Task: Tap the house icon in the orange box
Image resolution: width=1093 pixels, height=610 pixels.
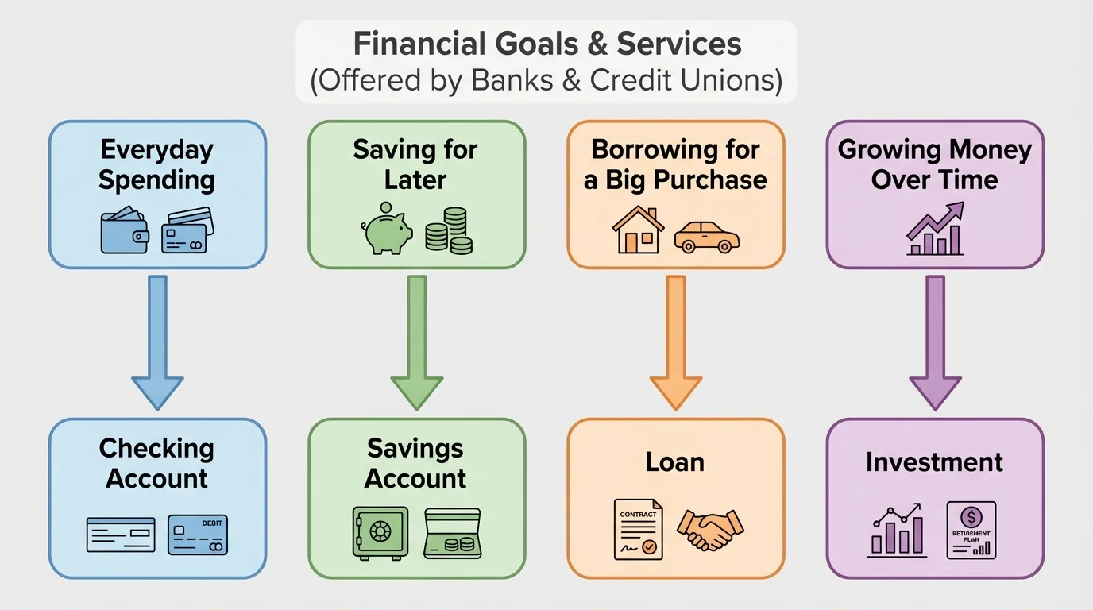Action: pyautogui.click(x=638, y=230)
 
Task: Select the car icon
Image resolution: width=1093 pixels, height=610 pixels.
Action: pyautogui.click(x=707, y=236)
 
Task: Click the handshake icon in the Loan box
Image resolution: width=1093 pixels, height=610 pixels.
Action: pyautogui.click(x=710, y=530)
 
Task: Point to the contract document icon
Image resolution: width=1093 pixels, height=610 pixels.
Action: pyautogui.click(x=638, y=529)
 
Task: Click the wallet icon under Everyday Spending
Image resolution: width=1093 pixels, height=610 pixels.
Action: pyautogui.click(x=125, y=231)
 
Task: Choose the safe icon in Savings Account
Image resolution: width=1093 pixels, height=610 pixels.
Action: pyautogui.click(x=380, y=531)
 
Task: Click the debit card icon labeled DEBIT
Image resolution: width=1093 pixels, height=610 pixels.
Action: pyautogui.click(x=198, y=535)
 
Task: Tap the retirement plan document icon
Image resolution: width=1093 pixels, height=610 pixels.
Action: pyautogui.click(x=971, y=530)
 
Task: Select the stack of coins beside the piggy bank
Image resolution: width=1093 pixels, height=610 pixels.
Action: pyautogui.click(x=449, y=230)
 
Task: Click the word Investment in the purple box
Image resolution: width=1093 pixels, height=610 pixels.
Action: pyautogui.click(x=935, y=462)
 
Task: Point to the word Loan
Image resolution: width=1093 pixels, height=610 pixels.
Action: pyautogui.click(x=675, y=462)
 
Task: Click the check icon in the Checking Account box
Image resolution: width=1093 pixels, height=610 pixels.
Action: pyautogui.click(x=121, y=535)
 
